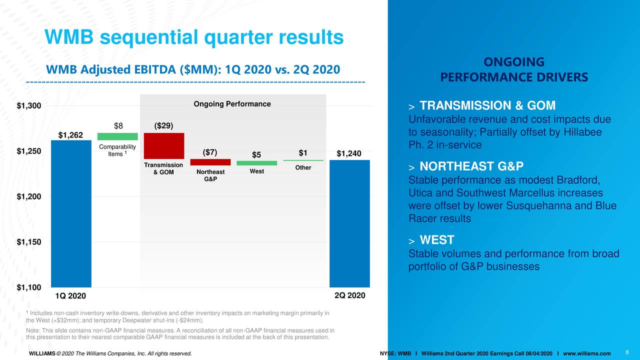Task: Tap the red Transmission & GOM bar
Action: (x=164, y=145)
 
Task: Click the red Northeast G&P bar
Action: (x=210, y=162)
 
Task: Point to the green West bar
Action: (x=256, y=163)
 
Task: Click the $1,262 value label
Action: (x=71, y=135)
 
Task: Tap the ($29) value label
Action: (x=164, y=125)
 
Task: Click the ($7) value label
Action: (x=210, y=152)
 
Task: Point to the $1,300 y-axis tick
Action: (x=29, y=105)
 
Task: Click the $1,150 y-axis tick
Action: (x=29, y=242)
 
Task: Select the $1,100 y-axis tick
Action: (x=29, y=287)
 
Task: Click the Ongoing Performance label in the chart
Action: (x=232, y=104)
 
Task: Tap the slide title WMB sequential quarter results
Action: (x=194, y=36)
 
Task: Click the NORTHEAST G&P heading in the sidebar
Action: (x=471, y=167)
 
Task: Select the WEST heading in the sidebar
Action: (x=436, y=240)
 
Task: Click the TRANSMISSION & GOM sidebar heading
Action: (x=487, y=105)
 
